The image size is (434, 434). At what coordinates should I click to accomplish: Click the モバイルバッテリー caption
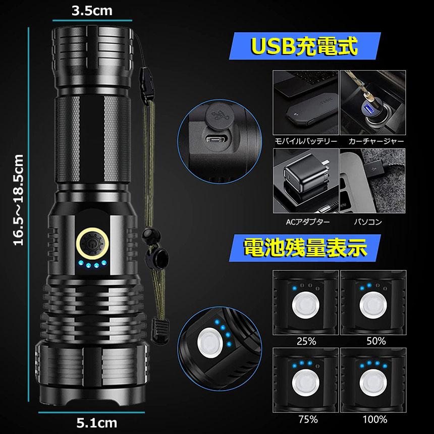click(x=305, y=142)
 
